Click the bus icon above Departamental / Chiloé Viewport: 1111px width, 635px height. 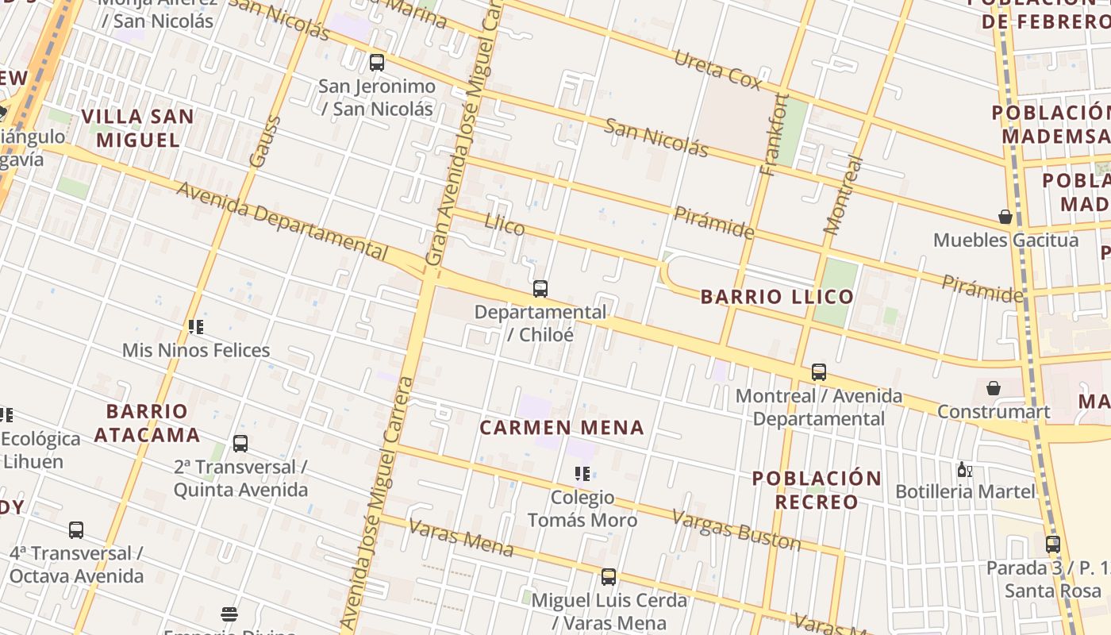point(540,289)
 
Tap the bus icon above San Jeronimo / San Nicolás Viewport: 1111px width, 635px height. point(377,62)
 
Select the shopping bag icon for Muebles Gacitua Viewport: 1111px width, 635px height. point(1005,217)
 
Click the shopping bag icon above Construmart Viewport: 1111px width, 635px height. point(993,388)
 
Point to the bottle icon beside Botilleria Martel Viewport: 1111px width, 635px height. point(964,470)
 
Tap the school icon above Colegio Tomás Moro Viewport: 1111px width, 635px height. point(582,474)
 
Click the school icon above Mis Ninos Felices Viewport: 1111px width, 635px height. point(196,327)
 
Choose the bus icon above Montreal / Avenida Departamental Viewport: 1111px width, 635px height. point(819,371)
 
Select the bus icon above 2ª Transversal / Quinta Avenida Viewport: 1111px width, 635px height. point(240,444)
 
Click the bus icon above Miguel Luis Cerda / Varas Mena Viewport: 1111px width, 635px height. point(609,577)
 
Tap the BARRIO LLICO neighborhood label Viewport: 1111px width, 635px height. point(777,297)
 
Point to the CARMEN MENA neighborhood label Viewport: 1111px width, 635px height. point(562,428)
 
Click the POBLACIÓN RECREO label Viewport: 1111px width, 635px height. point(817,490)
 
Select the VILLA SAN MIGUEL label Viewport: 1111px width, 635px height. point(138,128)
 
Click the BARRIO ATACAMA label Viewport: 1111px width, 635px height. point(147,423)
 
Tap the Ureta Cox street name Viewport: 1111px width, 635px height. point(717,69)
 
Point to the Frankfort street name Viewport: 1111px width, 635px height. point(775,134)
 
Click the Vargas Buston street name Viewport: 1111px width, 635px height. point(736,529)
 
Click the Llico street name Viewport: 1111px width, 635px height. point(505,225)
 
